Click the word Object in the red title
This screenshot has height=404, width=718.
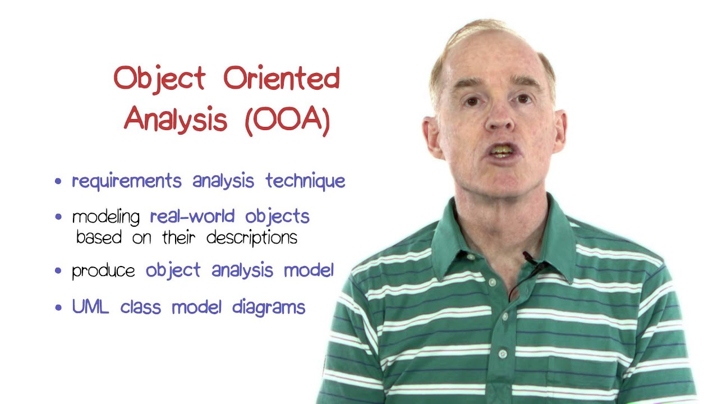159,79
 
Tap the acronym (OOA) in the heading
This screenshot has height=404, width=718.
287,120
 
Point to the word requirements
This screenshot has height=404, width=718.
127,181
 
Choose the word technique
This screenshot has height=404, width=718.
305,181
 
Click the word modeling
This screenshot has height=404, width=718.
107,217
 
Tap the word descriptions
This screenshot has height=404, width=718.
252,238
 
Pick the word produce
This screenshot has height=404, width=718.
103,272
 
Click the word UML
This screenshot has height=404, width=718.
91,307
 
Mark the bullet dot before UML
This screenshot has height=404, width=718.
58,308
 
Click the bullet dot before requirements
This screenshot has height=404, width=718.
58,182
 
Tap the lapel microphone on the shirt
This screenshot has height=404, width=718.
529,259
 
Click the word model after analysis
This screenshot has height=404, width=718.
309,270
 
